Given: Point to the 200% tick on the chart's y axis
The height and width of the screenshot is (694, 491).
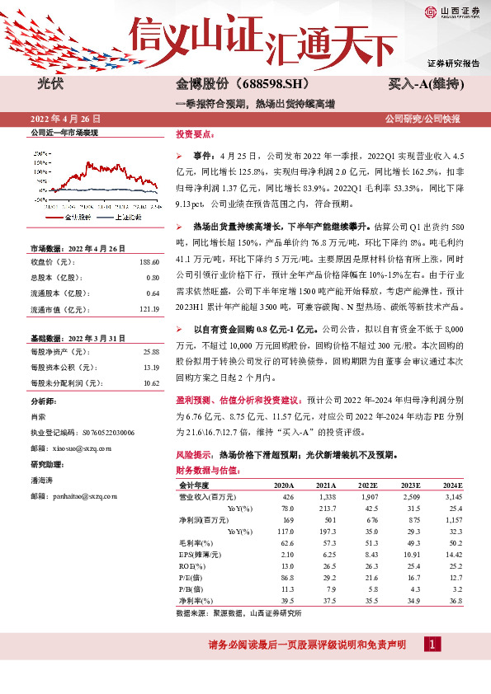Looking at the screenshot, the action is click(x=39, y=153).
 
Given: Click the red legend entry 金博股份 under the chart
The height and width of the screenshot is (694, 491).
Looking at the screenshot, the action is click(x=75, y=216).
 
